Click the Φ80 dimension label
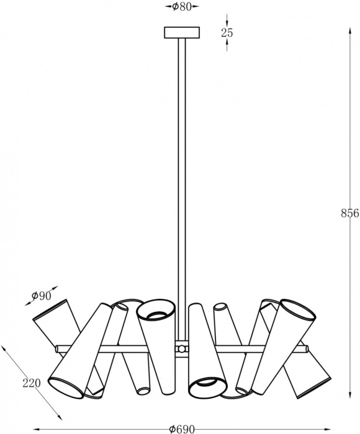pos(182,7)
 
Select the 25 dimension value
pos(227,33)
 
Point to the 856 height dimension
pos(349,213)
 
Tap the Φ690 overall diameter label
pos(182,429)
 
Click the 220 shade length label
pos(32,383)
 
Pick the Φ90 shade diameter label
pos(42,296)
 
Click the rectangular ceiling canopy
pos(182,32)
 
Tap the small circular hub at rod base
pos(181,348)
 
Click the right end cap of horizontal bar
pos(307,348)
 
